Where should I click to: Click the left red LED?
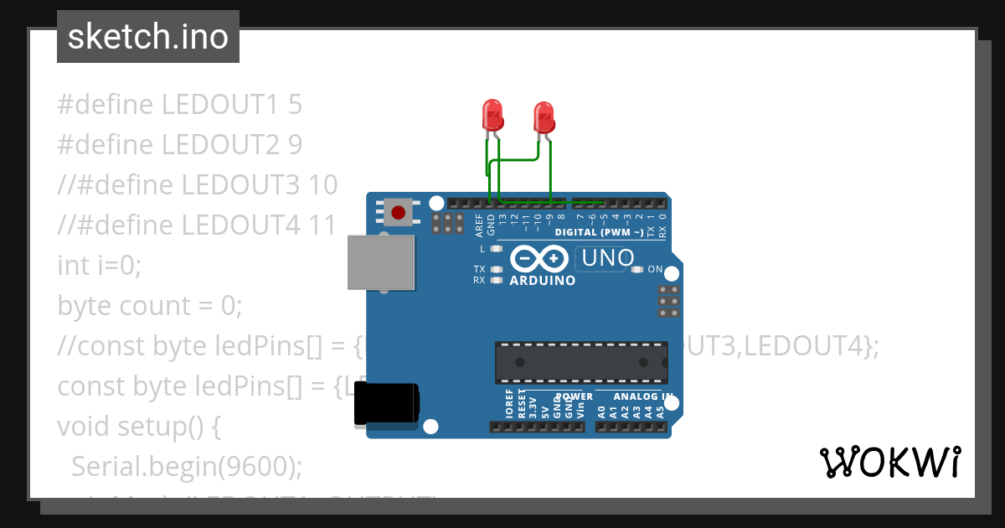(492, 115)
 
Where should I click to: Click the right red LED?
(544, 117)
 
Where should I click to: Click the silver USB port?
(382, 262)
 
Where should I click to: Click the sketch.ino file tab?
(148, 37)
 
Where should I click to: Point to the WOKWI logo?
(890, 462)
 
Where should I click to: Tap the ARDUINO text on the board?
(543, 281)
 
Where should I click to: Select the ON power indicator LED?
(637, 270)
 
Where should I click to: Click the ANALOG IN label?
(642, 396)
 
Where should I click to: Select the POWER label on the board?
(575, 396)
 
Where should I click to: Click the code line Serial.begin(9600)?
(187, 467)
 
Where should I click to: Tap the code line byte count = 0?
(149, 306)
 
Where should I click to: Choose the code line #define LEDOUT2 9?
(179, 145)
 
